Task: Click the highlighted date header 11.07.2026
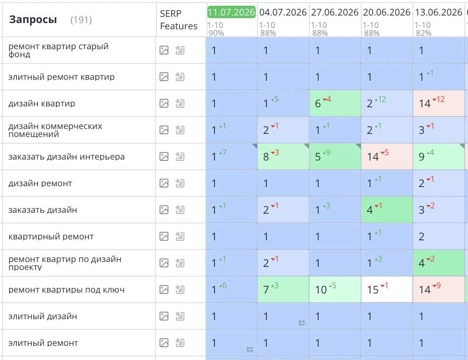coord(231,12)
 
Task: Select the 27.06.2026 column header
coord(335,12)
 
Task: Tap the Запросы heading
coord(33,20)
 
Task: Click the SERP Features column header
coord(179,20)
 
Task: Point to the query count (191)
coord(81,20)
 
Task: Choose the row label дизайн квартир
coord(42,104)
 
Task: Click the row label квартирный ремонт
coord(51,236)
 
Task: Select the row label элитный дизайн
coord(43,316)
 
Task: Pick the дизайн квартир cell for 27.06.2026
coord(335,103)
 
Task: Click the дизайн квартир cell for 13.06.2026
coord(439,103)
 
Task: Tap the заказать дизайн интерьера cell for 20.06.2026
coord(387,157)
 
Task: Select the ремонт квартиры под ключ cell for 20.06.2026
coord(387,290)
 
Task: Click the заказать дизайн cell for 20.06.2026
coord(387,210)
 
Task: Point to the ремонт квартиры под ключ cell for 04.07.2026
coord(283,290)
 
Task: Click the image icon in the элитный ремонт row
coord(164,343)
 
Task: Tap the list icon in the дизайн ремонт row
coord(180,183)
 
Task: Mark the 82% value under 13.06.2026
coord(424,33)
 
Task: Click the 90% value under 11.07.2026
coord(216,33)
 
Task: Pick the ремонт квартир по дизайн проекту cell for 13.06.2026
coord(439,263)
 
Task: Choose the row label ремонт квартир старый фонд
coord(58,50)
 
